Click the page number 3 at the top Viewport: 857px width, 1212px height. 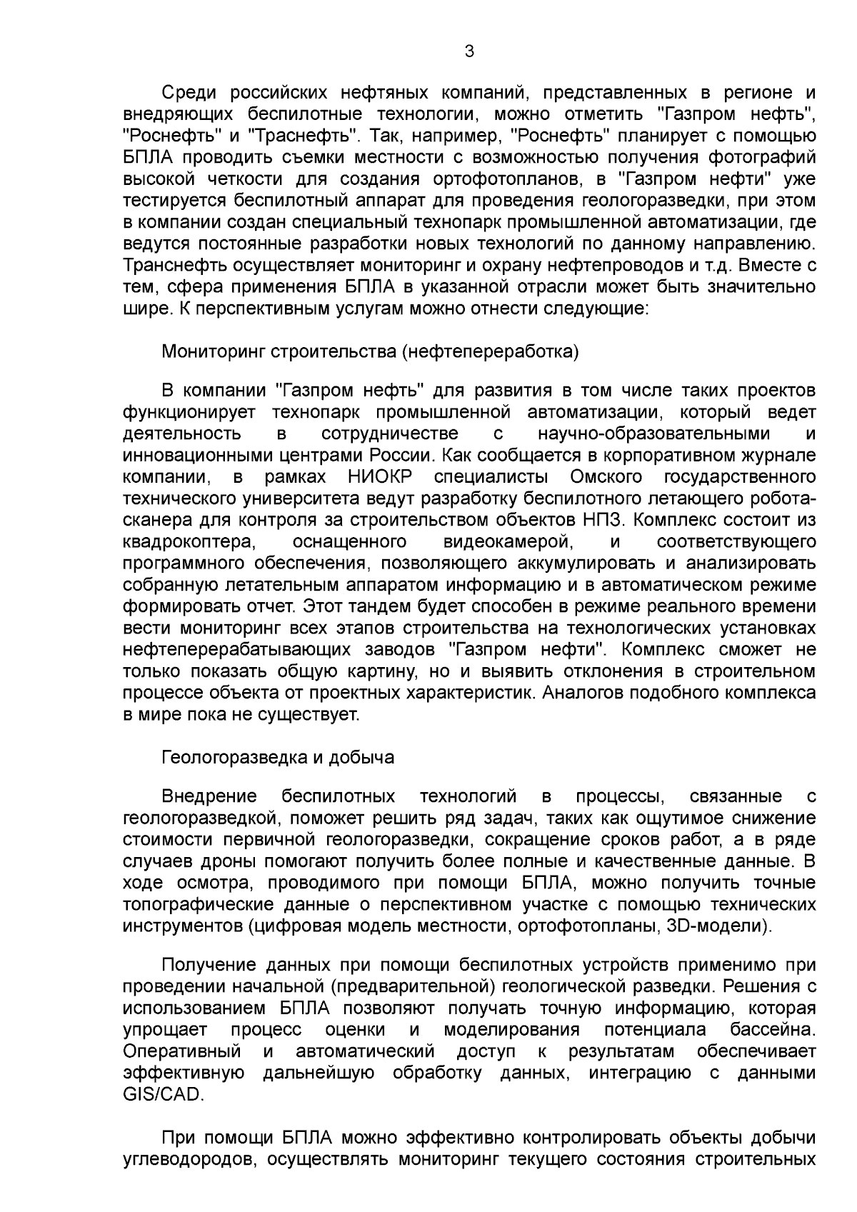468,51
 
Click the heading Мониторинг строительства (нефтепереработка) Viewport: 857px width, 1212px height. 370,352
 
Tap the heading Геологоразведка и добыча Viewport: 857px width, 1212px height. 278,757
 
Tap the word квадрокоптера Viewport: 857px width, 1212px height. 189,541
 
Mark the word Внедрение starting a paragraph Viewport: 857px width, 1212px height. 209,796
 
